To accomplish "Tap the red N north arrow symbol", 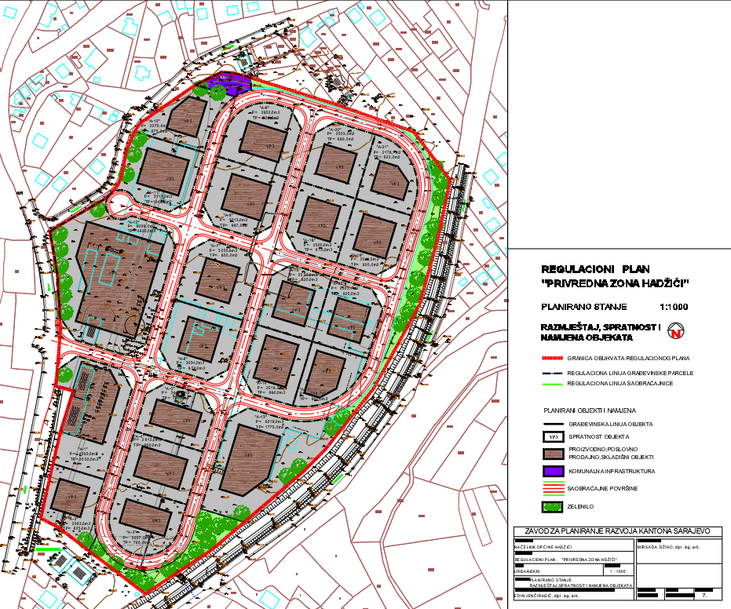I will pos(675,332).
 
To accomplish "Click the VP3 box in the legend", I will pos(554,437).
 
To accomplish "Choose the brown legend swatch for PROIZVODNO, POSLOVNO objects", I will pos(554,454).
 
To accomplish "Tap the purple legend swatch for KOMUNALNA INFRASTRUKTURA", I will pos(554,471).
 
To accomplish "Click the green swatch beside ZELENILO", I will pos(554,506).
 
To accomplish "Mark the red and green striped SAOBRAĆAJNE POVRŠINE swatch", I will pos(554,488).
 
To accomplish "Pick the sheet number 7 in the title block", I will pos(704,596).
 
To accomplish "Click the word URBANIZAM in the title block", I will pos(527,571).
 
